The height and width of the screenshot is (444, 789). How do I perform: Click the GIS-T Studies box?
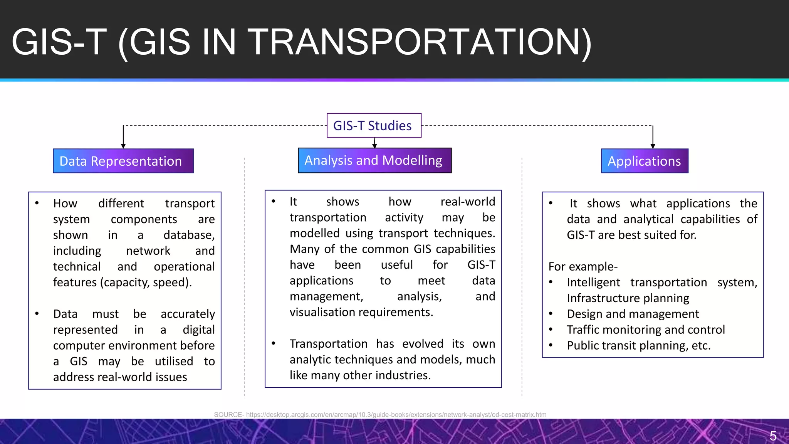click(374, 125)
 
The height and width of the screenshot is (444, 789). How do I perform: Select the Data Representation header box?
click(123, 161)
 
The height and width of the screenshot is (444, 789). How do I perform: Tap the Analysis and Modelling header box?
click(374, 160)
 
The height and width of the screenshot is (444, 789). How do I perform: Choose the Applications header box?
click(645, 161)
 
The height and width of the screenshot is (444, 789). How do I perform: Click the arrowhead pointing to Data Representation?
click(123, 146)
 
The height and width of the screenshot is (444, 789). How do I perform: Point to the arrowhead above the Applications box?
click(653, 146)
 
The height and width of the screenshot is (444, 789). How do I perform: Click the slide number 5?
click(773, 436)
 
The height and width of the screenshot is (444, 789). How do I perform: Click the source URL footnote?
click(380, 415)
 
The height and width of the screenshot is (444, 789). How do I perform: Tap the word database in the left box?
click(188, 235)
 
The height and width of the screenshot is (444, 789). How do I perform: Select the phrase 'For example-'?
click(583, 266)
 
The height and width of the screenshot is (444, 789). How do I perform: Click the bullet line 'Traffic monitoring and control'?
click(646, 330)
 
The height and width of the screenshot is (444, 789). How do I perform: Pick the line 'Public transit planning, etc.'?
click(638, 345)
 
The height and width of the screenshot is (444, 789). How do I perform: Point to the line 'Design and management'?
click(633, 314)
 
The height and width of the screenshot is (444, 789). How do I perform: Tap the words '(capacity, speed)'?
click(146, 282)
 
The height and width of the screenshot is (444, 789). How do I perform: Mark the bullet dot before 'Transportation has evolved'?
click(274, 343)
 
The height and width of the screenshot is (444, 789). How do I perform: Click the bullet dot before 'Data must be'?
click(37, 313)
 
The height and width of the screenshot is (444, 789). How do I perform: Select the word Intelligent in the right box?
click(593, 282)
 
